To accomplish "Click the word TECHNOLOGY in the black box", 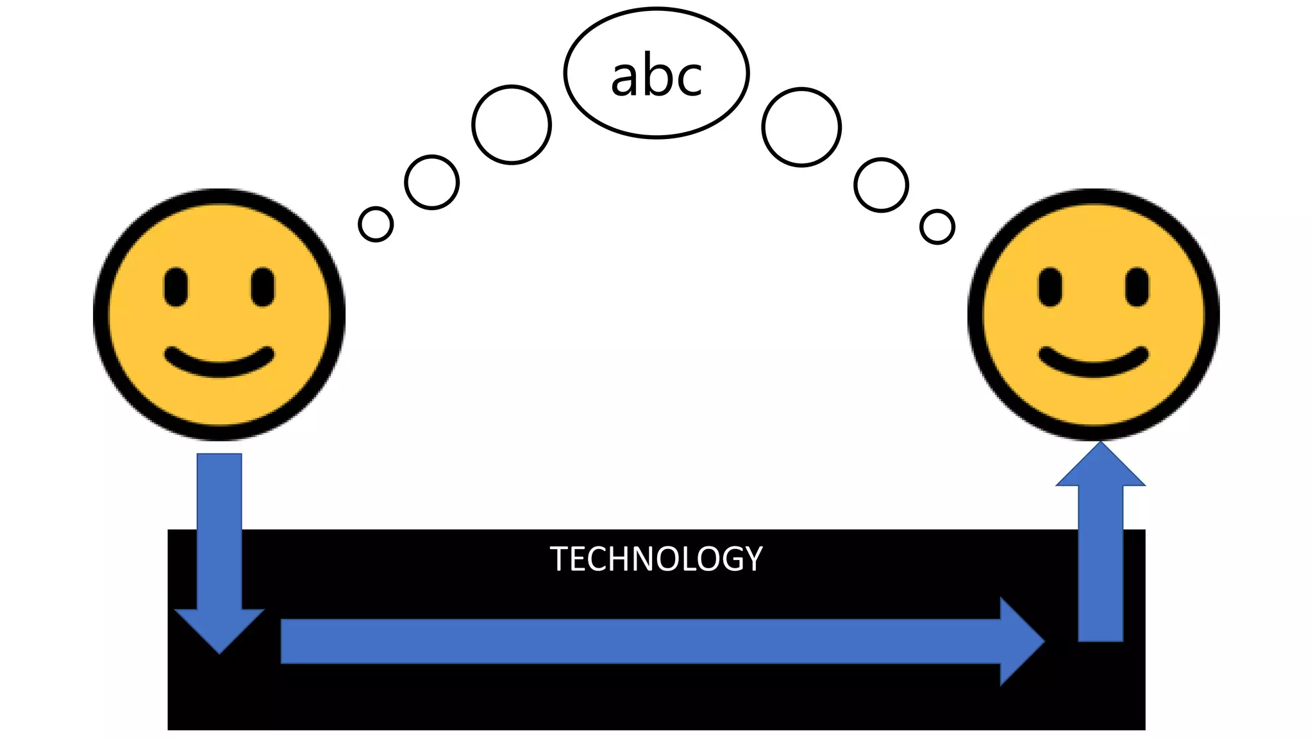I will pos(656,559).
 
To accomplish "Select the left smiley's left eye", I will pos(176,288).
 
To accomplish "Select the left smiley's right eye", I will pos(263,288).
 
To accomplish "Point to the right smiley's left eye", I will pos(1050,288).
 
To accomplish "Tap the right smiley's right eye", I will pos(1137,288).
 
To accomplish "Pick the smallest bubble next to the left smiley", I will pos(376,224).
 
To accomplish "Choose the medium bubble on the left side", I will pos(432,183).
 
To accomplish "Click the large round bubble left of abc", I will pos(512,125).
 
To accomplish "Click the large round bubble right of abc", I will pos(801,127).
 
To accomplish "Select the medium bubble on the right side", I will pos(882,185).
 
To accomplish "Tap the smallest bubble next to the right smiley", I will pos(937,227).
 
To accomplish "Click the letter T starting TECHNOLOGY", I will pos(559,559).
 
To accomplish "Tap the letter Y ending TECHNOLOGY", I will pos(753,559).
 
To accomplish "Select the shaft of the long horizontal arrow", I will pos(641,641).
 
